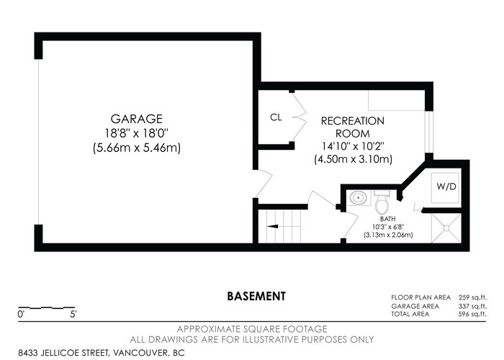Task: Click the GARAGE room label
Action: [x=137, y=119]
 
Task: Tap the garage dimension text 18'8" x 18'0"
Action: [x=137, y=133]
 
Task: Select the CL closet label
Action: [x=276, y=117]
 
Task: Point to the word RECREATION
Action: [x=353, y=121]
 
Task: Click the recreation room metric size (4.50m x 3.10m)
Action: [x=353, y=159]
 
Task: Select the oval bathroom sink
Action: [x=357, y=198]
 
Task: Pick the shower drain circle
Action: [x=446, y=228]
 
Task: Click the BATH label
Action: [x=387, y=219]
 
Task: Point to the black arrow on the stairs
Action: [x=273, y=226]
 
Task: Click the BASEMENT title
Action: [x=256, y=296]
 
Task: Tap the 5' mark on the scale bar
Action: [x=73, y=314]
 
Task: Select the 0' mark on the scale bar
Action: [x=21, y=314]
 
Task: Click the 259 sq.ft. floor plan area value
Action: [x=472, y=297]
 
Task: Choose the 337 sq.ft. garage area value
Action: [x=472, y=306]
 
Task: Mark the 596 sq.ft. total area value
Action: [x=472, y=314]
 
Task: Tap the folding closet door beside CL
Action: [x=299, y=117]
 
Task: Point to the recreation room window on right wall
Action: [x=429, y=132]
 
